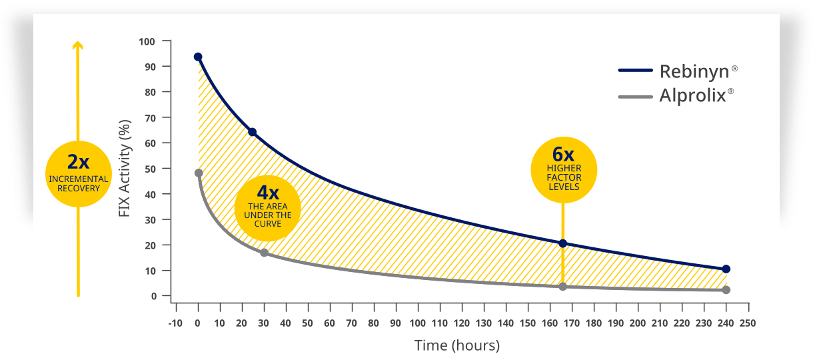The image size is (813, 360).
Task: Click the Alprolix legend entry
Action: pos(676,95)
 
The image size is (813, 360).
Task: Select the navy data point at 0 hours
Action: pos(198,57)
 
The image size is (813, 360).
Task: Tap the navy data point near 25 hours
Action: pos(252,132)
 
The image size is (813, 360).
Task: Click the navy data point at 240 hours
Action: pos(726,269)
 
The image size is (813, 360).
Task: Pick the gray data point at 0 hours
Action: pos(199,173)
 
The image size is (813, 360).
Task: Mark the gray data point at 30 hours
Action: pos(264,253)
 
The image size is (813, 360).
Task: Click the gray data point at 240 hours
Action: pos(726,290)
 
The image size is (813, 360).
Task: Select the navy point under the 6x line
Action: pos(562,243)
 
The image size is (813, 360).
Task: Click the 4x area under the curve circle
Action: pos(268,208)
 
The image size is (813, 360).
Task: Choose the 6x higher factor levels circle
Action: pos(564,170)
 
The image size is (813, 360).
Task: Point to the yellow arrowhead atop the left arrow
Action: pos(78,45)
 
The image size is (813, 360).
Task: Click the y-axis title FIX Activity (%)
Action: pos(124,168)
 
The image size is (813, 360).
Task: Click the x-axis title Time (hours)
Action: pos(456,345)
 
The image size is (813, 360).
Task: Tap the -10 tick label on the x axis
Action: pos(175,323)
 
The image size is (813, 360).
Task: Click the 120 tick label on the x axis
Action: pos(461,323)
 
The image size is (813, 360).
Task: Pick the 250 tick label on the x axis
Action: pos(748,323)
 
